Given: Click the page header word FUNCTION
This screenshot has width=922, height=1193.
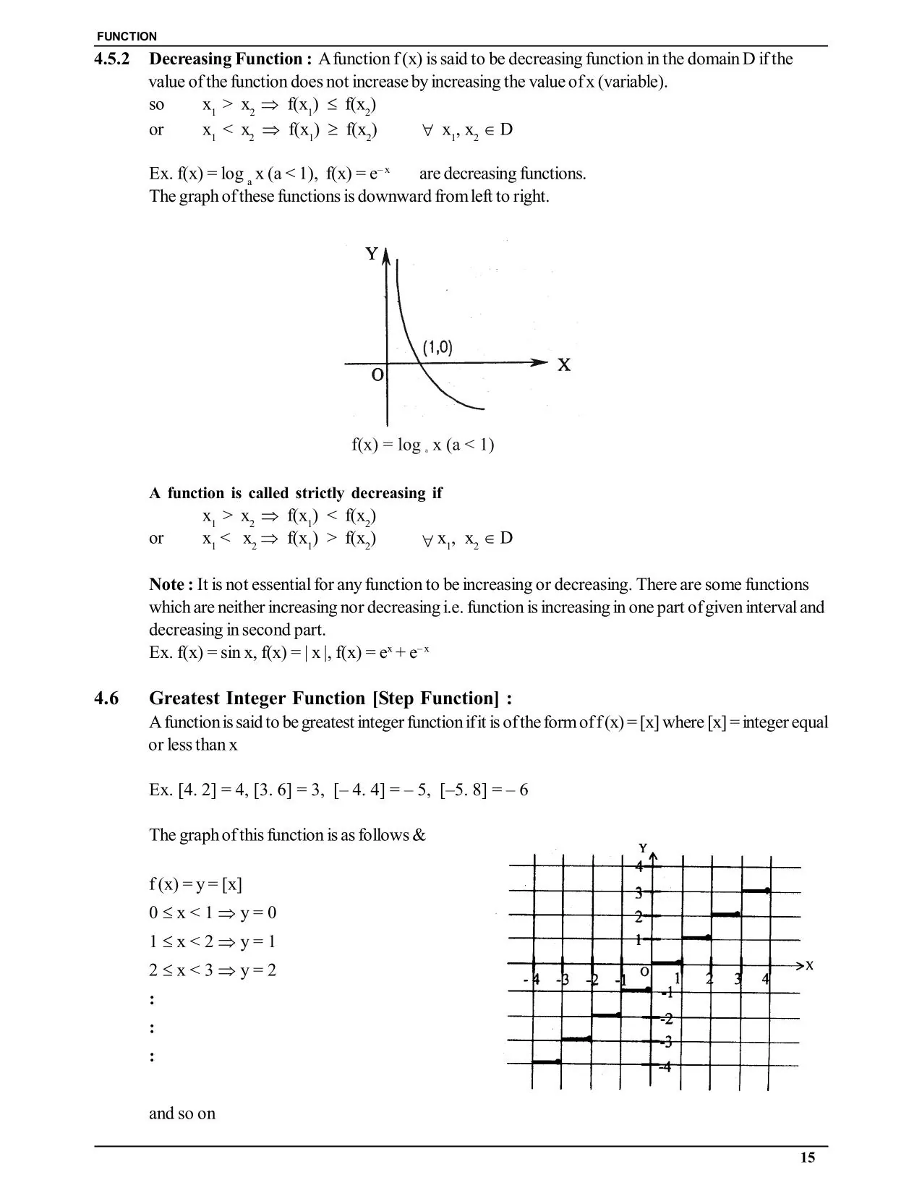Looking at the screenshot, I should [x=126, y=36].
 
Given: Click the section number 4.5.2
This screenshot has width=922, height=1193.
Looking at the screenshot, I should [x=112, y=59].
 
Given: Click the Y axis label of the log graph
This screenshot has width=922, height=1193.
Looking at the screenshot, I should [x=372, y=254].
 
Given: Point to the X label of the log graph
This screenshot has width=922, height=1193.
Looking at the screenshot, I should [x=564, y=365].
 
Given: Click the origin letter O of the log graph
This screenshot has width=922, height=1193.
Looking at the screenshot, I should [x=377, y=376].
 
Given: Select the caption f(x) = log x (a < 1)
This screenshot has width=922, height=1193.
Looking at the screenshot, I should [x=423, y=445].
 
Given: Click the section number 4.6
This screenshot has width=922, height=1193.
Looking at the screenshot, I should [x=107, y=698].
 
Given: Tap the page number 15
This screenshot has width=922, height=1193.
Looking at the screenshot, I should [x=808, y=1158].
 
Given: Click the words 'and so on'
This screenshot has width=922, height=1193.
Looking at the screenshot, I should [x=182, y=1113].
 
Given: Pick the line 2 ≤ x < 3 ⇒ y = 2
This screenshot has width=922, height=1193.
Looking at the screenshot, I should [x=213, y=970].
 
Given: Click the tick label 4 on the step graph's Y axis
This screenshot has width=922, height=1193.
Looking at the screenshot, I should [x=639, y=866].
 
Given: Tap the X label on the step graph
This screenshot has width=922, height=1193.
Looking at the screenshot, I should [x=809, y=966].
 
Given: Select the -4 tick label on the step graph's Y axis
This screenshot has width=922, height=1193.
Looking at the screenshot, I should [x=665, y=1067].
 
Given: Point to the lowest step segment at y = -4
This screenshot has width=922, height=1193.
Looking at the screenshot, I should [x=546, y=1061].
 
